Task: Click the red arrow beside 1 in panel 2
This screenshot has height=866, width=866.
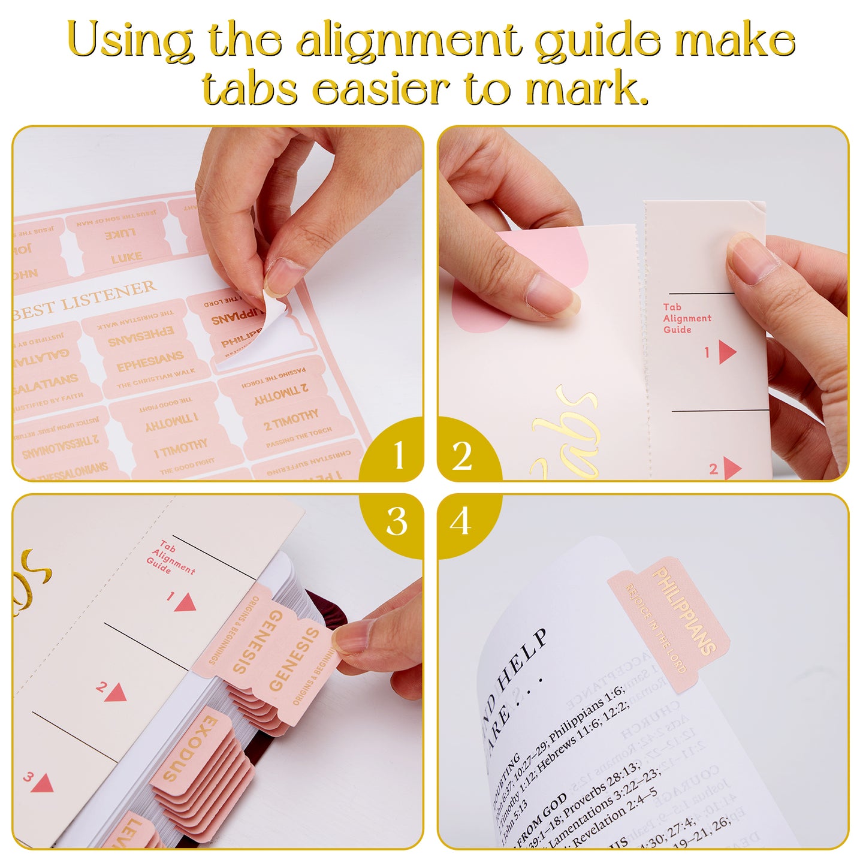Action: [x=726, y=352]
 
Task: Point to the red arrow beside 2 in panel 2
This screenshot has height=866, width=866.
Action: [x=731, y=468]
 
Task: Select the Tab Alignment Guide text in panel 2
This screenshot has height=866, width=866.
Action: [x=686, y=318]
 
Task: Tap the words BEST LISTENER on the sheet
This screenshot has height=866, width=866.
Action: [x=84, y=300]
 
